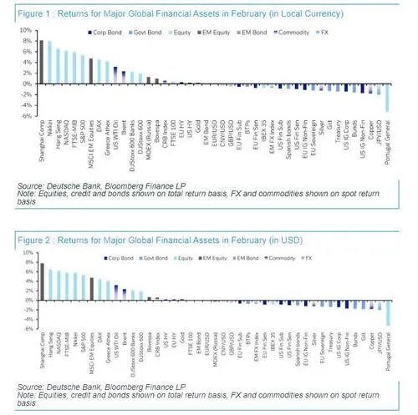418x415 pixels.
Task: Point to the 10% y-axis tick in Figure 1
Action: [27, 30]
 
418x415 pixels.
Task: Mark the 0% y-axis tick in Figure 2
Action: [28, 299]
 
